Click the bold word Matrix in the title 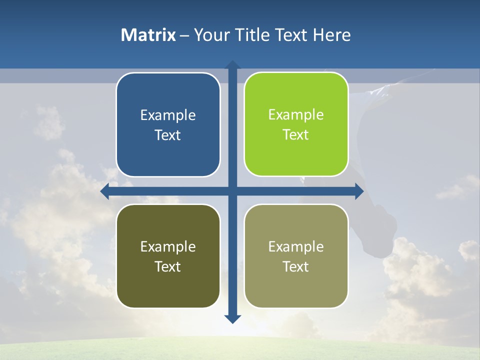coord(148,35)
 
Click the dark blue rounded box coord(168,125)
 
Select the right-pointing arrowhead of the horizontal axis coord(359,191)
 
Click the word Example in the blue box coord(168,115)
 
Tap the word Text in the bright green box coord(296,135)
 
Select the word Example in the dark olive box coord(168,246)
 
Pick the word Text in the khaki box coord(296,266)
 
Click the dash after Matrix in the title coord(184,35)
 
